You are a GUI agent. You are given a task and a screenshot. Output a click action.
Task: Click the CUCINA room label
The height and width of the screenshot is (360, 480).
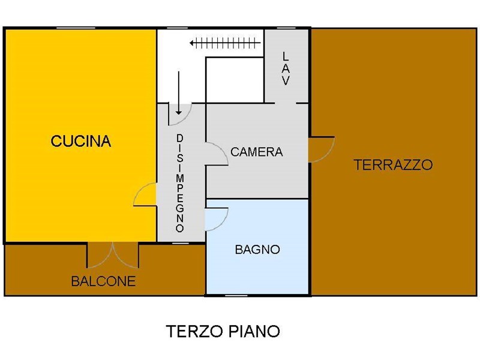coord(81,141)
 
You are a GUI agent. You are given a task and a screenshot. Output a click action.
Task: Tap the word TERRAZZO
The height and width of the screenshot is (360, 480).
coord(394,164)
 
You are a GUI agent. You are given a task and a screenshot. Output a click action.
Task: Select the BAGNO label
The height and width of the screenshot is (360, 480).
coord(257,250)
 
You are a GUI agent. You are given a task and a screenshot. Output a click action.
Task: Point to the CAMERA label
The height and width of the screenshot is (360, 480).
coord(257,152)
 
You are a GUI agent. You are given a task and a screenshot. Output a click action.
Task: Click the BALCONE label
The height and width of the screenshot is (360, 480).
coord(103,281)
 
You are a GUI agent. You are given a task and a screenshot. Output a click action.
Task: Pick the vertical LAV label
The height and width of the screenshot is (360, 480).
coord(286,68)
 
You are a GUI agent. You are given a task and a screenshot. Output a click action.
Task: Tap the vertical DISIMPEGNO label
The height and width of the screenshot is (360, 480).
coord(180,183)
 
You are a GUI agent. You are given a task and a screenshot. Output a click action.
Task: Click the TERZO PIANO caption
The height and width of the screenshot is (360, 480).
coord(223,331)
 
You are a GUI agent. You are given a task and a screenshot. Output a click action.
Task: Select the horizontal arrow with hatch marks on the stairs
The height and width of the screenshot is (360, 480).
coord(226,43)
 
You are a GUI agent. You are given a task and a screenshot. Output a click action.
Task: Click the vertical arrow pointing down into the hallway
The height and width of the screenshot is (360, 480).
coord(179,93)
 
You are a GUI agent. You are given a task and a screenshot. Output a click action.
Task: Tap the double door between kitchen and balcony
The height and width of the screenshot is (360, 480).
coord(113,256)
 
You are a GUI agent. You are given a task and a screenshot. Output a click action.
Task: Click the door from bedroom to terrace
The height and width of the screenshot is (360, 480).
coord(322,149)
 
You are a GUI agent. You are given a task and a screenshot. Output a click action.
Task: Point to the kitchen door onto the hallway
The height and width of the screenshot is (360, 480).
coord(145,194)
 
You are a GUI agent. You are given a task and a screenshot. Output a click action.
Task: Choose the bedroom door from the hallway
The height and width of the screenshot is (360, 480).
coord(217,154)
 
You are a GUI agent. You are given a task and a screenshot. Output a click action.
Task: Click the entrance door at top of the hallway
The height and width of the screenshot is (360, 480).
coord(180,114)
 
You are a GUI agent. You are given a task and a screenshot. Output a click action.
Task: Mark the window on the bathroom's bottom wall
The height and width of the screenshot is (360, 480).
coord(236,295)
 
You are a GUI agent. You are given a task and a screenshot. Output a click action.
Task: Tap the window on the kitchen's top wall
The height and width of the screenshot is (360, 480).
coord(76,28)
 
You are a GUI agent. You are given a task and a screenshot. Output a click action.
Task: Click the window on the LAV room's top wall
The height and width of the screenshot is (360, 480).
coord(286,28)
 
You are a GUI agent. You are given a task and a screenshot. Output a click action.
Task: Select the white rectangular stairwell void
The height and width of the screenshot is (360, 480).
coord(235,80)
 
